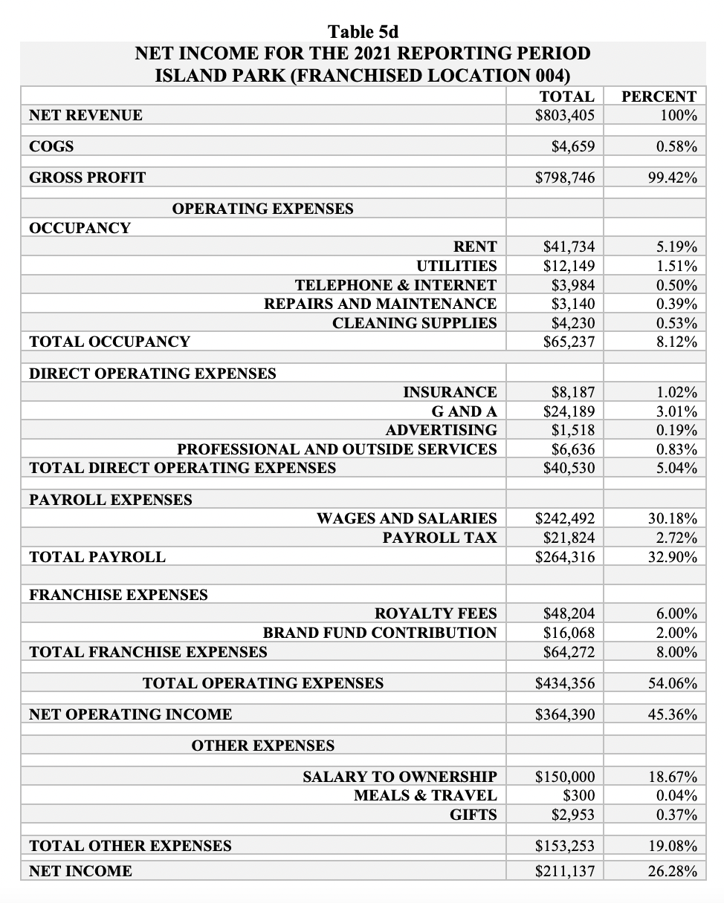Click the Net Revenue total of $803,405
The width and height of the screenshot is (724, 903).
pos(564,115)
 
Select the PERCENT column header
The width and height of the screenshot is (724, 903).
pos(659,97)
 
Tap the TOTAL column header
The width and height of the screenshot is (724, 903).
pos(566,97)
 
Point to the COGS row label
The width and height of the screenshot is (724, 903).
pos(51,146)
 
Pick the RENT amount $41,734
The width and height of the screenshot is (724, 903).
pos(569,247)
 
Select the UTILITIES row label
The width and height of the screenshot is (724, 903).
pos(456,266)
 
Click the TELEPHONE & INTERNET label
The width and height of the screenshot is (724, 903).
pos(395,285)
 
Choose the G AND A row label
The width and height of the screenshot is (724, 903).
pos(464,411)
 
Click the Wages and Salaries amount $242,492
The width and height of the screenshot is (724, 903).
pos(565,518)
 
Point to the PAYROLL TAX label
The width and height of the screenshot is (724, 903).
pos(439,538)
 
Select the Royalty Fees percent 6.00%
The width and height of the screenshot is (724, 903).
pos(676,613)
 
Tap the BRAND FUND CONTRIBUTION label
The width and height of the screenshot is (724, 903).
pos(380,633)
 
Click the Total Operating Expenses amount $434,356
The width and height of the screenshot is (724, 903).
pos(565,683)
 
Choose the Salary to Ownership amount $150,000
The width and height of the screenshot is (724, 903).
pos(565,777)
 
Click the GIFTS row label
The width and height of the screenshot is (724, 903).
pos(473,815)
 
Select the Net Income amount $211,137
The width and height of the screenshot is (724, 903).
pos(565,871)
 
